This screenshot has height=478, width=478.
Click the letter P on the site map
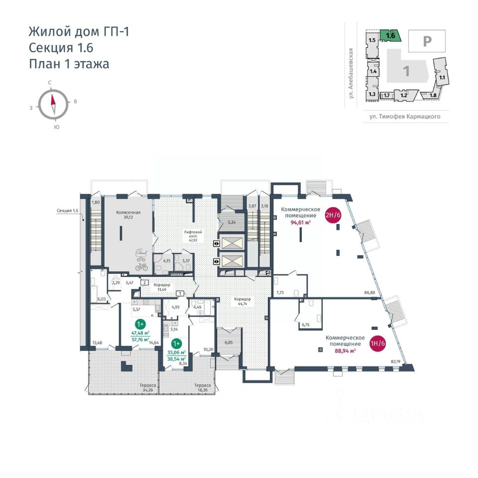(427, 41)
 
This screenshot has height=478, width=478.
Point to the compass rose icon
(53, 104)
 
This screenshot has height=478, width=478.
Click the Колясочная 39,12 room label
(128, 215)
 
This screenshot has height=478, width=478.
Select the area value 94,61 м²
(301, 223)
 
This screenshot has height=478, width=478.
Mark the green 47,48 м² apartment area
(141, 333)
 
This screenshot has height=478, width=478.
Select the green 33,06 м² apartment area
(176, 353)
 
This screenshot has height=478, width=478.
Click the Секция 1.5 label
(68, 210)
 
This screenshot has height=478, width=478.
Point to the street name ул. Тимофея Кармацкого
(401, 118)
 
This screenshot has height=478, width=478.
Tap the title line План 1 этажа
(69, 63)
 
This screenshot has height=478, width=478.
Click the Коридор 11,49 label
(162, 287)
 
